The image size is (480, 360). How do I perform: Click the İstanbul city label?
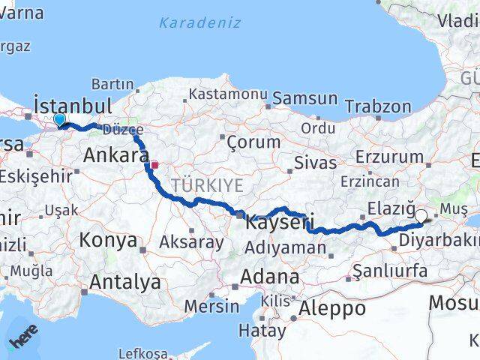[x=73, y=104]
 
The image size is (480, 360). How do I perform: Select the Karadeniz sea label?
[x=199, y=22]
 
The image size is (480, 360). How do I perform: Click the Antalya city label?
[x=124, y=282]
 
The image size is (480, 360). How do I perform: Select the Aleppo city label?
[x=332, y=307]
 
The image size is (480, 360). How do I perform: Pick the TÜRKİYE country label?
[x=206, y=184]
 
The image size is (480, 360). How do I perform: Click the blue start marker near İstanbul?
[x=59, y=119]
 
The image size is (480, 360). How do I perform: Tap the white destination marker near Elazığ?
[x=421, y=216]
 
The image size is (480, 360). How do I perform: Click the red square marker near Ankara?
[x=154, y=164]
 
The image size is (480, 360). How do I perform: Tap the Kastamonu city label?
[x=228, y=94]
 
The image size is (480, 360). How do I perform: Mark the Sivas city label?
[x=313, y=162]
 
